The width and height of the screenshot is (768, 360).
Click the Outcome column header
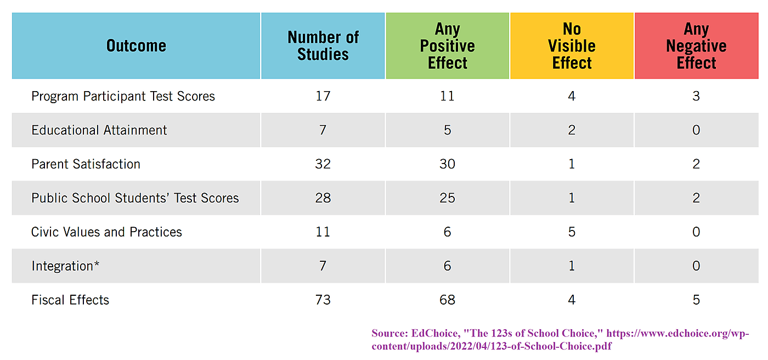136,46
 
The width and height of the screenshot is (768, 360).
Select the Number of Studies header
323,46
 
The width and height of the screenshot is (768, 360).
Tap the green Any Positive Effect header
447,46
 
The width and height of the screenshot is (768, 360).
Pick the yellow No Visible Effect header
572,46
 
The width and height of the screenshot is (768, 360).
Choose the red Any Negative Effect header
696,46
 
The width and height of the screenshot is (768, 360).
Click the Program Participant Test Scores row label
123,96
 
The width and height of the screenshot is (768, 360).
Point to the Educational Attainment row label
99,130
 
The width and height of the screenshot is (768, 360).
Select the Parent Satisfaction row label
86,164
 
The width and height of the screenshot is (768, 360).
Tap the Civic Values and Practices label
106,232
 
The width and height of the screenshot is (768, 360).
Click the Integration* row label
65,266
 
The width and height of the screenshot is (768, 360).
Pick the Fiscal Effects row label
70,300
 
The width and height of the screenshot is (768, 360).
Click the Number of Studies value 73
323,300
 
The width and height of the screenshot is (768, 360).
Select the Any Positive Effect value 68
447,300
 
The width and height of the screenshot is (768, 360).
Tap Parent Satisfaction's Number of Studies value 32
323,164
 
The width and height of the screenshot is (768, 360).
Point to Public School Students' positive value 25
447,198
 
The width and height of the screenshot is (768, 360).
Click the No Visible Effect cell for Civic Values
572,232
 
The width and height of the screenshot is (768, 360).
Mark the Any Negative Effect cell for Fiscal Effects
696,300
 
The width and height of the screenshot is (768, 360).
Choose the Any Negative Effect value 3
696,96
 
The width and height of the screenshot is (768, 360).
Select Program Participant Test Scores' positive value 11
447,96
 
